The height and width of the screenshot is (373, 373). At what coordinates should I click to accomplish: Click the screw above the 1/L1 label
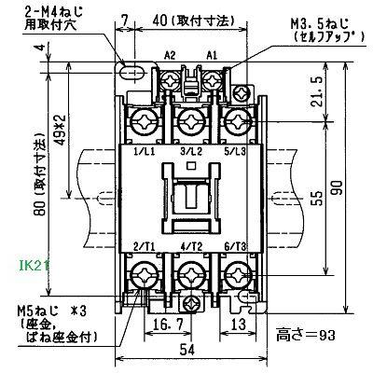tap(146, 120)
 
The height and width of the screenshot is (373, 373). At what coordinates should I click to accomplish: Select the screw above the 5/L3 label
tap(237, 120)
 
